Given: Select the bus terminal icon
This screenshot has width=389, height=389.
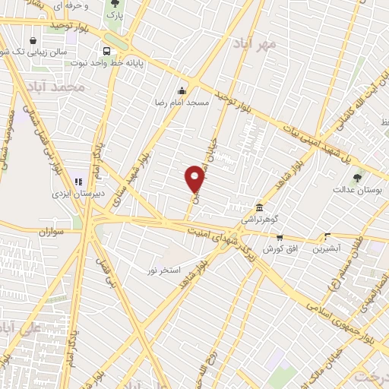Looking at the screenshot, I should [106, 51].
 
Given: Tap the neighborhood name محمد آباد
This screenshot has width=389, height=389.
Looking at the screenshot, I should [65, 89].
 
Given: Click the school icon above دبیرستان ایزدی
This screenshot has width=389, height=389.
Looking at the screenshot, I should [77, 182].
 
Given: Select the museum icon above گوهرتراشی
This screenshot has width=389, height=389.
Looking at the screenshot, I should [260, 207].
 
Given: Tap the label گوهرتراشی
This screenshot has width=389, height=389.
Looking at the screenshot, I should [260, 219].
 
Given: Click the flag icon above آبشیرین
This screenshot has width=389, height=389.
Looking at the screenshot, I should [327, 236].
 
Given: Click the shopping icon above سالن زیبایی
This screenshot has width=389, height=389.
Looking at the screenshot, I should [33, 40].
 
